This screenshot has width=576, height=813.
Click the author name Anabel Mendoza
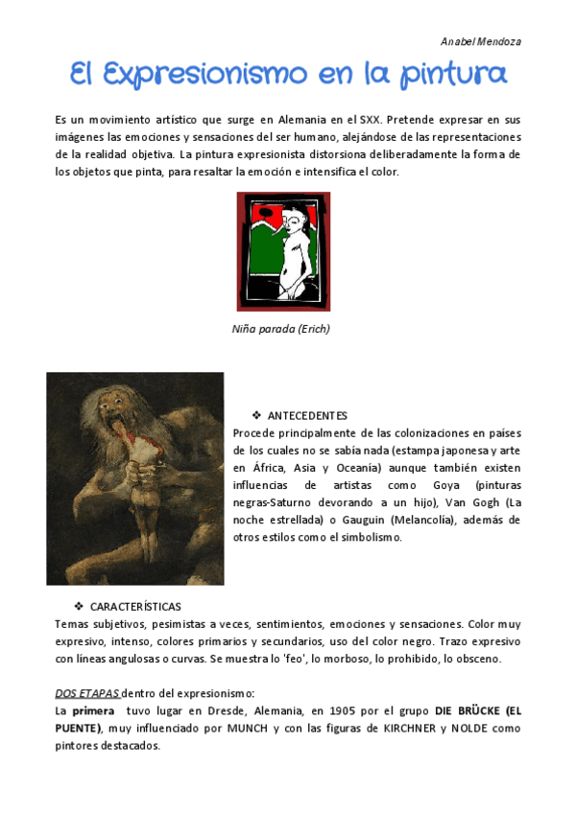(x=480, y=42)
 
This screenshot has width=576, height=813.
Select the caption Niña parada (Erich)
(x=280, y=329)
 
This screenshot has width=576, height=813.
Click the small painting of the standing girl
(x=283, y=251)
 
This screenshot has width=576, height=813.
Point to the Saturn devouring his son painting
(x=134, y=478)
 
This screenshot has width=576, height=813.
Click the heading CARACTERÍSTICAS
(x=135, y=607)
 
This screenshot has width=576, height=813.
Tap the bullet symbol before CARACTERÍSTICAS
(x=79, y=607)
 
